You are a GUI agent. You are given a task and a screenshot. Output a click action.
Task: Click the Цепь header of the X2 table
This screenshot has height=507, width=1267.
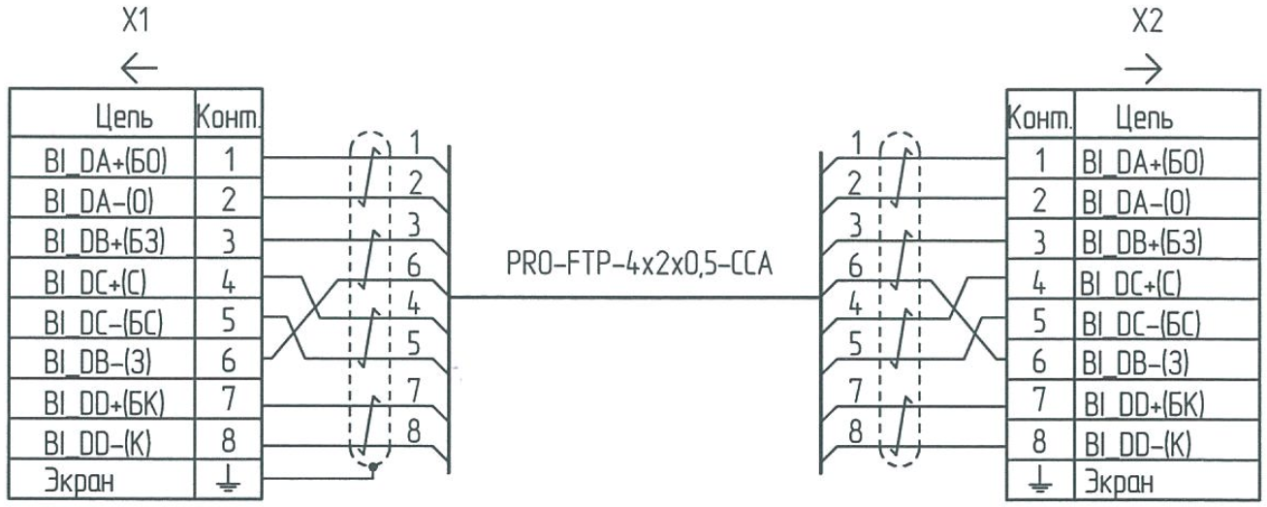(x=1144, y=121)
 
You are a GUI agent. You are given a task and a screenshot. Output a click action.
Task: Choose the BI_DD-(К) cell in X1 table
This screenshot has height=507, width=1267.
(x=102, y=441)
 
